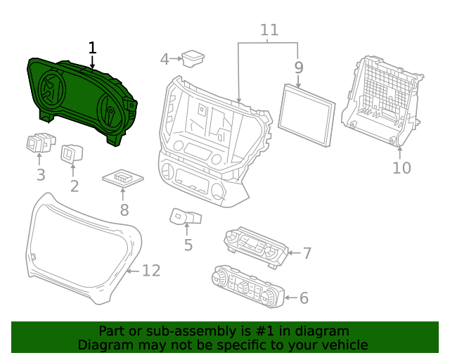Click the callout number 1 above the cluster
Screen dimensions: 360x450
pyautogui.click(x=92, y=48)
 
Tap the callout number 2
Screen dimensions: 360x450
pyautogui.click(x=74, y=186)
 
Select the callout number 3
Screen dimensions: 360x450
pyautogui.click(x=41, y=174)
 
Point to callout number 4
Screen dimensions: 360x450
pyautogui.click(x=165, y=59)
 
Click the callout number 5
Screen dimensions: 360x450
pyautogui.click(x=188, y=245)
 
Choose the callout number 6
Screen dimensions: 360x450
pyautogui.click(x=304, y=298)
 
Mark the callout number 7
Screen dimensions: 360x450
pyautogui.click(x=307, y=252)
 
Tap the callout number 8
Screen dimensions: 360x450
pyautogui.click(x=124, y=210)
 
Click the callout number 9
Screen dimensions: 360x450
pyautogui.click(x=299, y=67)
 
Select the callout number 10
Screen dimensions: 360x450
pyautogui.click(x=401, y=167)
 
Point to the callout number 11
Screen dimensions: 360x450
pyautogui.click(x=269, y=30)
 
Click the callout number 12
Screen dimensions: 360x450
pyautogui.click(x=151, y=271)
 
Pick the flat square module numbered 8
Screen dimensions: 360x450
pyautogui.click(x=124, y=179)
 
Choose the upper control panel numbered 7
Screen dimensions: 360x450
pyautogui.click(x=256, y=246)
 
